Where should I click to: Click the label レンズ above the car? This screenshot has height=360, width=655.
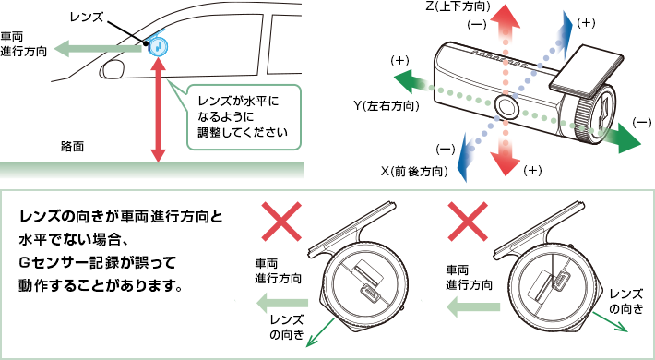[x=87, y=18]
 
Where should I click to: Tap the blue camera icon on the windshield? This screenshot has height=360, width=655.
[x=158, y=45]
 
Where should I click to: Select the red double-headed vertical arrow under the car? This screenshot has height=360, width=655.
[x=158, y=110]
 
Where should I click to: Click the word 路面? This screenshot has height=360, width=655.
[x=72, y=147]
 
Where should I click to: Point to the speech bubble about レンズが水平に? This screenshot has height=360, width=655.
[x=244, y=117]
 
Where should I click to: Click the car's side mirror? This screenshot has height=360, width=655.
[x=113, y=69]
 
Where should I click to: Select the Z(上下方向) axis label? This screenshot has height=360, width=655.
[x=458, y=6]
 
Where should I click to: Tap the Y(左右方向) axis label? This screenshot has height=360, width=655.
[x=386, y=106]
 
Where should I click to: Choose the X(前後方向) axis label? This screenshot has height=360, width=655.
[x=414, y=172]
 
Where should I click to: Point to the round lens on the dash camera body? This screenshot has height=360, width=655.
[x=506, y=107]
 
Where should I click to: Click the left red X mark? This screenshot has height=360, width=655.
[x=281, y=222]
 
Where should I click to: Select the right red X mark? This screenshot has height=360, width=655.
[x=467, y=222]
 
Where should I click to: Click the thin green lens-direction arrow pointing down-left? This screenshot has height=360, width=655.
[x=321, y=332]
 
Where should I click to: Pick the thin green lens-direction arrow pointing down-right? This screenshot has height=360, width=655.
[x=611, y=321]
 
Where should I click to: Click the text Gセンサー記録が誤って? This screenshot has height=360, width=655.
[x=97, y=263]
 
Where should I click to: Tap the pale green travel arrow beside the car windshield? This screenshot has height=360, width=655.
[x=99, y=49]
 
